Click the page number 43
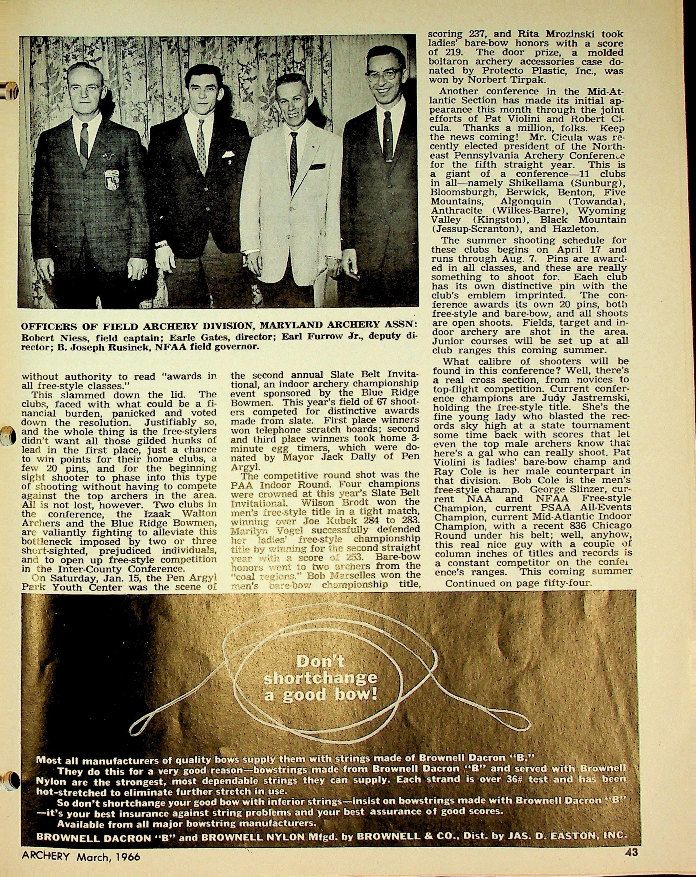632,862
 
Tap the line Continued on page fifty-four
517,583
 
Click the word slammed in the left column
77,394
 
